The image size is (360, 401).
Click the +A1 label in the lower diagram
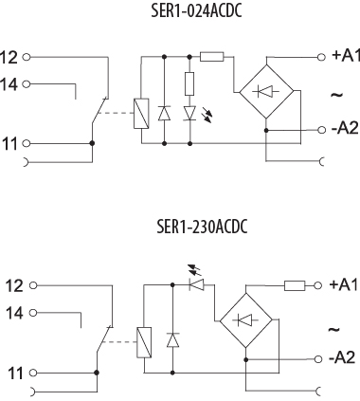point(344,284)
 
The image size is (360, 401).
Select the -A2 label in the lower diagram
point(342,357)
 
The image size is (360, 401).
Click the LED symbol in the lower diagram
point(198,283)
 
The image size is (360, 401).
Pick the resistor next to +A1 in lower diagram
point(294,284)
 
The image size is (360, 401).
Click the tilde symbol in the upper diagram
point(335,96)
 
